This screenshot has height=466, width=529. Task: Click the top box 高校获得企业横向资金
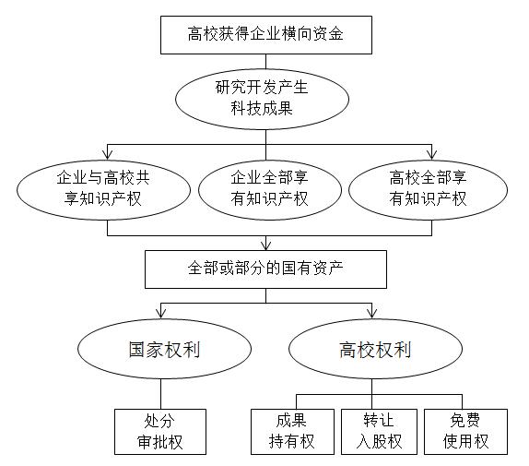click(266, 35)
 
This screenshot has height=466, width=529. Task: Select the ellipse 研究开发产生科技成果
click(262, 100)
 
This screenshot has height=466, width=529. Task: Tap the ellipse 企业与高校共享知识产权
click(103, 190)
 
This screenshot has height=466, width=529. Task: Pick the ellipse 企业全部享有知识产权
click(269, 190)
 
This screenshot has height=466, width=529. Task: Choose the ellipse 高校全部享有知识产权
click(428, 190)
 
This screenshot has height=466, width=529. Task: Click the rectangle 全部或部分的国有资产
click(265, 269)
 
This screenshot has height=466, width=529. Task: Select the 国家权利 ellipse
click(164, 349)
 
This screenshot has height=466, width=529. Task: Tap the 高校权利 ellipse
click(375, 349)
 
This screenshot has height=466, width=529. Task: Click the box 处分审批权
click(160, 432)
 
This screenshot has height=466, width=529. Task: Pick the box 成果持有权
click(292, 432)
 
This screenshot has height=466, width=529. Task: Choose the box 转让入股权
click(379, 432)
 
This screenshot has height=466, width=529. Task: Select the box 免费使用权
click(466, 432)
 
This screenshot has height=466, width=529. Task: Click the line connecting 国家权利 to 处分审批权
click(160, 394)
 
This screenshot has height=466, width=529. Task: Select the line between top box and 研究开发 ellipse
click(265, 62)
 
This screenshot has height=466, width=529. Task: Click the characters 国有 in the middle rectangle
click(297, 269)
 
